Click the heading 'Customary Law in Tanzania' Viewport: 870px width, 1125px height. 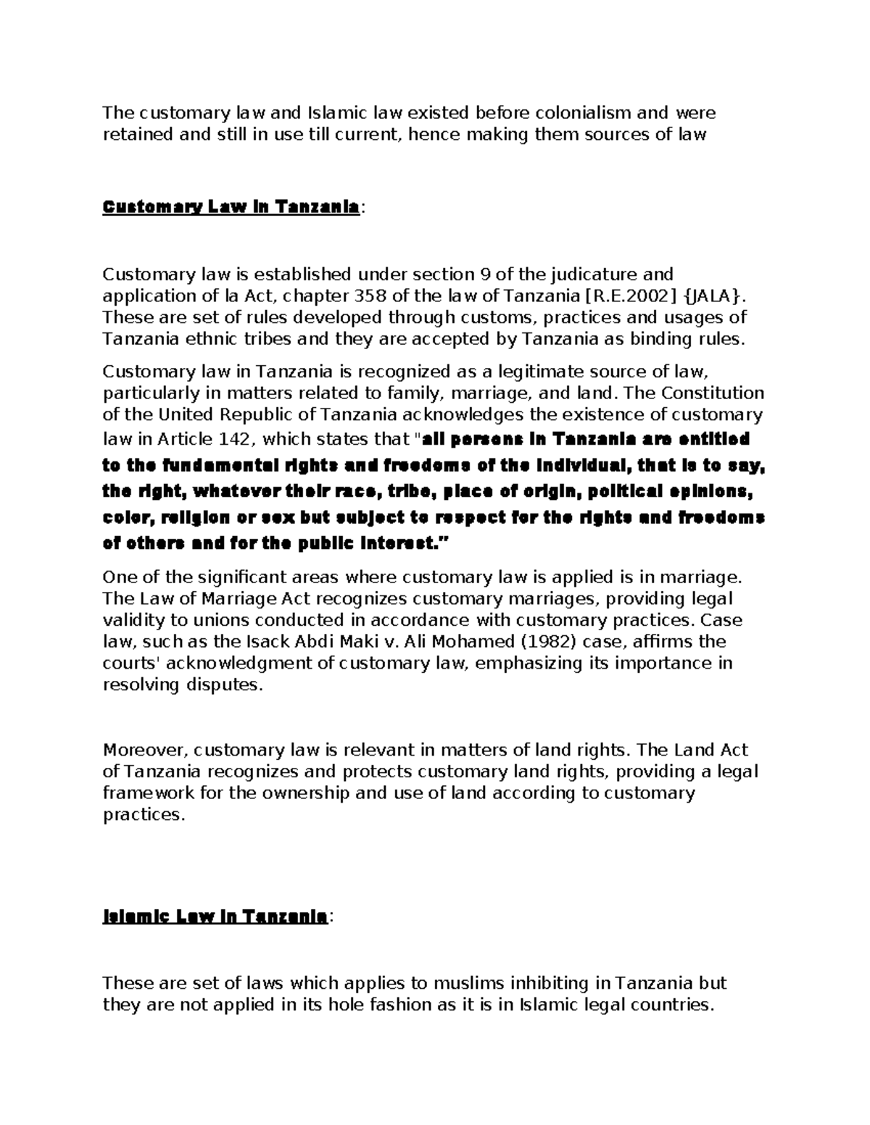click(231, 208)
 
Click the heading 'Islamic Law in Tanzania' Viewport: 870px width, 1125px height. click(215, 917)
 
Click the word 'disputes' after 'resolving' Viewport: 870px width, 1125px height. click(227, 685)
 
